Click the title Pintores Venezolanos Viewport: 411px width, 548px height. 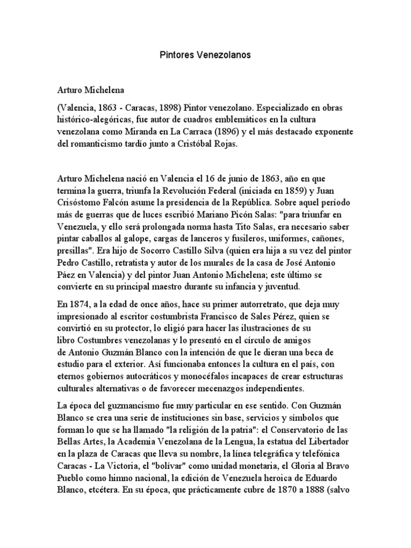(205, 55)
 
